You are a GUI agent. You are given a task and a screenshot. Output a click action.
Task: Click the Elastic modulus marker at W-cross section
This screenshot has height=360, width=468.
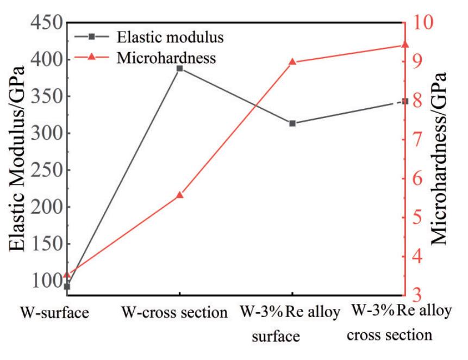coord(179,69)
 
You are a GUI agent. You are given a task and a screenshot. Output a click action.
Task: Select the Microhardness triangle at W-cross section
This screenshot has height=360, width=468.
coord(179,195)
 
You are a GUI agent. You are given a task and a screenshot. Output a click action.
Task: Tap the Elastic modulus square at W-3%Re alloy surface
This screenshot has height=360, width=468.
coord(292,123)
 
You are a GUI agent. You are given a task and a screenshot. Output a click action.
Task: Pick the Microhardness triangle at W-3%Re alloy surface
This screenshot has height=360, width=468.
coord(292,61)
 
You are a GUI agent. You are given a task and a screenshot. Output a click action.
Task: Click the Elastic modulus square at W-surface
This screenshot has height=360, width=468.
coord(67,286)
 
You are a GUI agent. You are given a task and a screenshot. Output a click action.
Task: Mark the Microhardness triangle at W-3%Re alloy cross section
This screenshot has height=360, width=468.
coord(404,45)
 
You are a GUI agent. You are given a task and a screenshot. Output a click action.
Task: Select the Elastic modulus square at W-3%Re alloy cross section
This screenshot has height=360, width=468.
coord(404,101)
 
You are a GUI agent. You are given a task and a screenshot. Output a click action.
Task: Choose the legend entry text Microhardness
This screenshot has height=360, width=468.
coord(167,57)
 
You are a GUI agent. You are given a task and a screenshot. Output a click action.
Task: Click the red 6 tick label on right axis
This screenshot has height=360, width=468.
coord(417,178)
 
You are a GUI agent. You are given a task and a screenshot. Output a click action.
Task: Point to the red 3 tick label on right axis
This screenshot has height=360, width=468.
coord(417,294)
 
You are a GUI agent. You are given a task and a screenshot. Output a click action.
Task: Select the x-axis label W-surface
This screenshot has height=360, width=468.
coord(54,313)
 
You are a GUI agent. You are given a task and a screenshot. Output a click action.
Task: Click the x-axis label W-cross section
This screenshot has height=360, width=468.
coord(173,313)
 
